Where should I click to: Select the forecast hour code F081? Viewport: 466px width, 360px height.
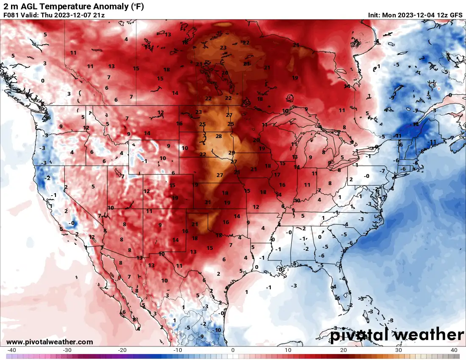click(11, 15)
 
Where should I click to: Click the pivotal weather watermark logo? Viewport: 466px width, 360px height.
click(397, 335)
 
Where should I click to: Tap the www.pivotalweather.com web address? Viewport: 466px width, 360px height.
click(50, 342)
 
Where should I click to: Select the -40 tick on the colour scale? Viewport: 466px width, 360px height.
click(11, 350)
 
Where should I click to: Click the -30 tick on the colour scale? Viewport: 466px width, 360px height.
click(67, 350)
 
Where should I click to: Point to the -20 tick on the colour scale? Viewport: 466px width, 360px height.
click(122, 350)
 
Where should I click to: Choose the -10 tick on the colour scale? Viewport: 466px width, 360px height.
click(178, 350)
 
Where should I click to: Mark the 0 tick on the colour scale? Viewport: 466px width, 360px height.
click(233, 350)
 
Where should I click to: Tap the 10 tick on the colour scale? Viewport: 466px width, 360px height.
click(288, 350)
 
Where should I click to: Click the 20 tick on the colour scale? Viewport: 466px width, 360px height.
click(344, 350)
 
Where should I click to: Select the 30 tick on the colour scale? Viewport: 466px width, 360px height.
click(399, 350)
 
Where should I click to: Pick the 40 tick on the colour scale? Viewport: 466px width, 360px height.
click(454, 350)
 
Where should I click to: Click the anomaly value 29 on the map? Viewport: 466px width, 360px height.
click(231, 153)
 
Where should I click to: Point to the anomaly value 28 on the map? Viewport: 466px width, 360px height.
click(219, 136)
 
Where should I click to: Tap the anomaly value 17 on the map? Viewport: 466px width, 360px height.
click(277, 174)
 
